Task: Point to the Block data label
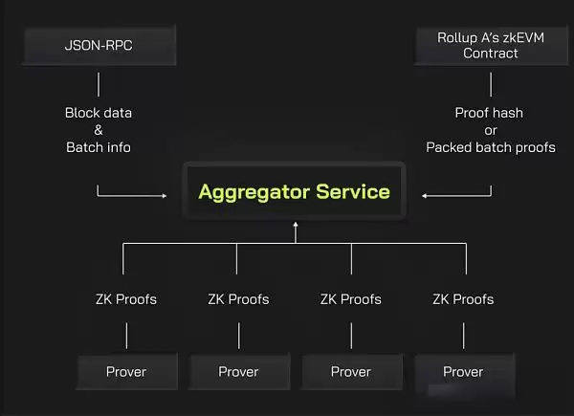(x=99, y=113)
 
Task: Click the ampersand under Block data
(x=99, y=130)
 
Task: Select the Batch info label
(x=99, y=147)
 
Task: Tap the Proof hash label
(x=490, y=113)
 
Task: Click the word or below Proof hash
(x=490, y=130)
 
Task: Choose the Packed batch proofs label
(x=490, y=147)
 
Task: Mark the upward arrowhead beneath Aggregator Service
(x=296, y=225)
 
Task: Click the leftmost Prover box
(x=126, y=371)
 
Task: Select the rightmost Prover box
(x=463, y=371)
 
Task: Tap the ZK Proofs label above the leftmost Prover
(x=126, y=299)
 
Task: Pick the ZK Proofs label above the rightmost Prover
(x=463, y=299)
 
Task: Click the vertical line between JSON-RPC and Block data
(x=99, y=82)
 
